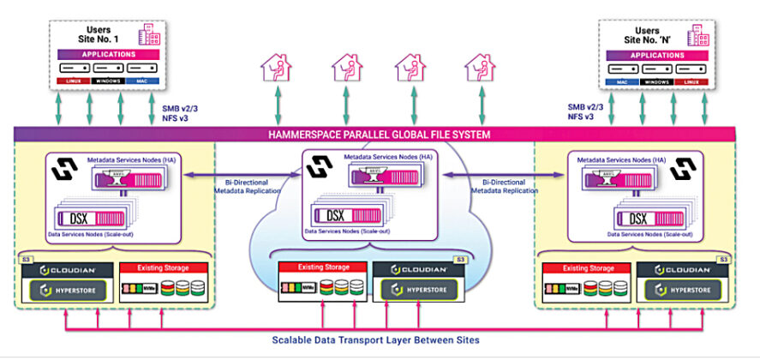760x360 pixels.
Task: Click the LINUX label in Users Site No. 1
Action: (74, 81)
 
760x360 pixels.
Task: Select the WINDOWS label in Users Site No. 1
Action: (107, 81)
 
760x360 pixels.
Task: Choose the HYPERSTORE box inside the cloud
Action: (419, 289)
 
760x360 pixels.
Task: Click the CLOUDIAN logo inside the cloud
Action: (418, 268)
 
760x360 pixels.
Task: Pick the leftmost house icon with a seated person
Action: (277, 68)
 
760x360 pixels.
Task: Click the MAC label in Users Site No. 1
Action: (141, 81)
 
